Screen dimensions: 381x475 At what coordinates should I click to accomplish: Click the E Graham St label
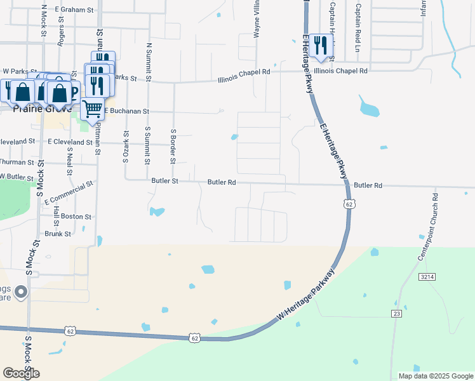pyautogui.click(x=74, y=10)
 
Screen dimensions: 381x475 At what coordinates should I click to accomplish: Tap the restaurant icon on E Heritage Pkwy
pyautogui.click(x=321, y=46)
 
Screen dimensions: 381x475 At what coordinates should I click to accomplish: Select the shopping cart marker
pyautogui.click(x=93, y=110)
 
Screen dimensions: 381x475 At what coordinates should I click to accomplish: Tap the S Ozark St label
pyautogui.click(x=126, y=146)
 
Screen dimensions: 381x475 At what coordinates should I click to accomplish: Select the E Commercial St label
pyautogui.click(x=69, y=192)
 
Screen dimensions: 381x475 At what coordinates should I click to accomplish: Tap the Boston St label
pyautogui.click(x=76, y=217)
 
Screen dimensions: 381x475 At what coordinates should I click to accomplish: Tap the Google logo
pyautogui.click(x=21, y=373)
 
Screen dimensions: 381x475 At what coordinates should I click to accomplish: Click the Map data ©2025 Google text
pyautogui.click(x=435, y=376)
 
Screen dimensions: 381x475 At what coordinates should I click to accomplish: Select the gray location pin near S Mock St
pyautogui.click(x=21, y=292)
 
